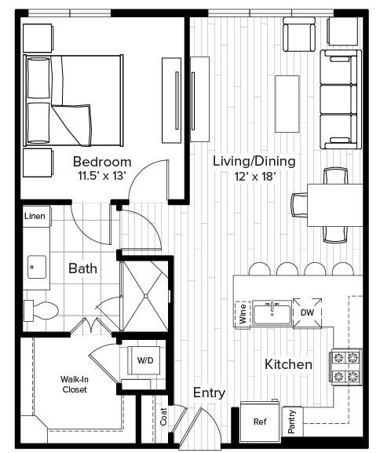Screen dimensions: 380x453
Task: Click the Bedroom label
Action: (x=102, y=162)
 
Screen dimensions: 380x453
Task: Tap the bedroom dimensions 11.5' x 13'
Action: (x=102, y=176)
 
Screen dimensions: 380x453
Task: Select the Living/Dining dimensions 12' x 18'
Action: (x=254, y=176)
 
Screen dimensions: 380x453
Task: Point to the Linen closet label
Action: (x=35, y=216)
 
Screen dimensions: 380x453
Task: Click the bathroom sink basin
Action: (x=37, y=267)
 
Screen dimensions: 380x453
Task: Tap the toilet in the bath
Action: (x=41, y=311)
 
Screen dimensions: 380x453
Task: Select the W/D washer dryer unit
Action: (x=145, y=360)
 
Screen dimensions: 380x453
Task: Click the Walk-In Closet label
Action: (x=75, y=384)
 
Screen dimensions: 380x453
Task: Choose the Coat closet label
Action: (x=163, y=416)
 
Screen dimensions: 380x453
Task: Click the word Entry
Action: (x=209, y=393)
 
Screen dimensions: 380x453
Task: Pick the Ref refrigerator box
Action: (x=260, y=422)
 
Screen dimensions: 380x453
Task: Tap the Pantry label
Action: (x=292, y=422)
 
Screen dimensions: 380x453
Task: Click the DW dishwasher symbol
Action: (x=308, y=312)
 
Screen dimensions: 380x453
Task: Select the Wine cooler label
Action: (x=243, y=314)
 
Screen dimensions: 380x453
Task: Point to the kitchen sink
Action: (x=272, y=314)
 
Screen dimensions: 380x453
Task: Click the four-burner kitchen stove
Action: (x=346, y=367)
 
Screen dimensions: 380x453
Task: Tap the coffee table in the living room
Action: (x=287, y=104)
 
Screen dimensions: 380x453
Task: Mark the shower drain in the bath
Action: (x=146, y=296)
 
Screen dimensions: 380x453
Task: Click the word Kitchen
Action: (x=288, y=364)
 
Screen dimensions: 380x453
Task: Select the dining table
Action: (x=335, y=205)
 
